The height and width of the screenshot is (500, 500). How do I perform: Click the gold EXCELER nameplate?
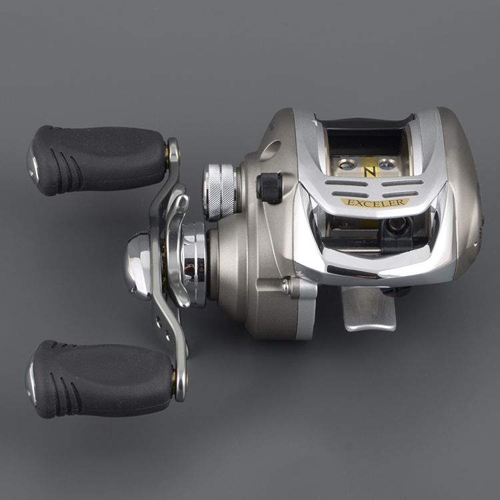[375, 202]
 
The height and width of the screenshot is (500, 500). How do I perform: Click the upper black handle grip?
[100, 161]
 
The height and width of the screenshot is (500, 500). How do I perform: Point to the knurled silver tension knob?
[221, 191]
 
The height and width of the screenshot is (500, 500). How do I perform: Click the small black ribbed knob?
[269, 187]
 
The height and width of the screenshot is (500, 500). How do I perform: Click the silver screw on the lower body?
[287, 287]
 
